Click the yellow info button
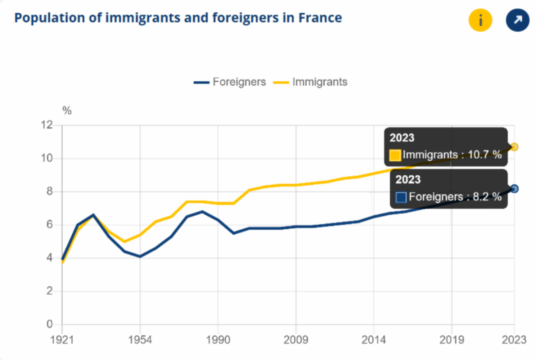pos(480,21)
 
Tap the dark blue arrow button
pos(517,21)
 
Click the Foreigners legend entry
pos(230,82)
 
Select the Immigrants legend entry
pos(311,82)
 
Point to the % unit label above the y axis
pos(67,110)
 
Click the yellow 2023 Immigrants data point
pos(515,147)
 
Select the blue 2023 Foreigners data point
pos(515,189)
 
